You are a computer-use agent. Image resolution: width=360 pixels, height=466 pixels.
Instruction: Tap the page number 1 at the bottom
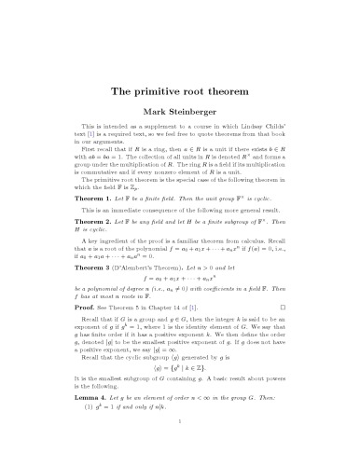[x=180, y=447]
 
